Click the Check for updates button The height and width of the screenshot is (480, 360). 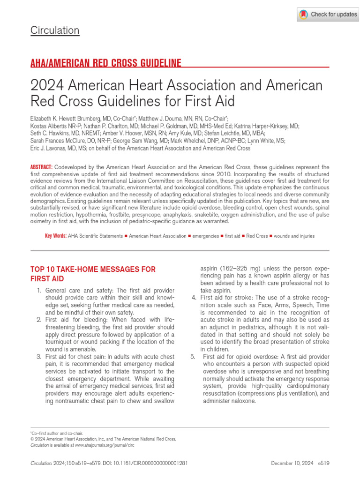[x=328, y=15]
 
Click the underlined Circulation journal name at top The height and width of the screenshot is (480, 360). [x=55, y=30]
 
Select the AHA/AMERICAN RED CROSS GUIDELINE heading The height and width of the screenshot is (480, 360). [x=106, y=63]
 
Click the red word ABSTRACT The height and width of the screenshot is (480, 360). [x=41, y=167]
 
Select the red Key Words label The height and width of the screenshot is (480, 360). [x=55, y=236]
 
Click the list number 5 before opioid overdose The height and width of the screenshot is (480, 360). [x=193, y=357]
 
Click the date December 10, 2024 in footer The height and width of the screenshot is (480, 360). [x=293, y=463]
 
